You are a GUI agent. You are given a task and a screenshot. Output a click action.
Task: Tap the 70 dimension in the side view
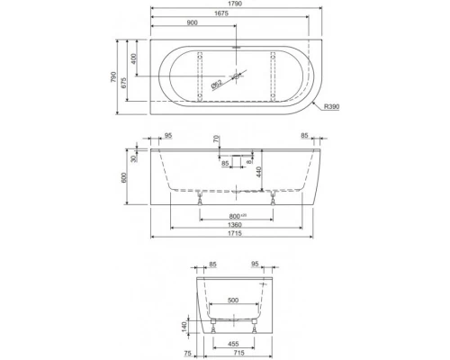216,139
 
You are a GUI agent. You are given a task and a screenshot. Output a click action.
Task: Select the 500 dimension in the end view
233,299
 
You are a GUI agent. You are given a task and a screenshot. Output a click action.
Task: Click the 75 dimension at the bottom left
188,354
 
